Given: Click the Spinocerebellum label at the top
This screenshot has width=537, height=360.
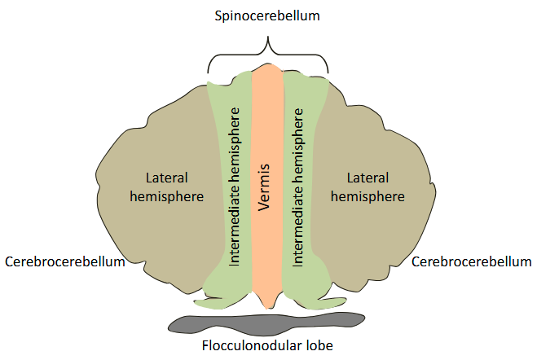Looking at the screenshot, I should [x=267, y=15].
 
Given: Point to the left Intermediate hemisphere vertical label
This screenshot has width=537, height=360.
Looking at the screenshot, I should [x=235, y=184].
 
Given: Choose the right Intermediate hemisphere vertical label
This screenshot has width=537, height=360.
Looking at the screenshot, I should [x=298, y=184].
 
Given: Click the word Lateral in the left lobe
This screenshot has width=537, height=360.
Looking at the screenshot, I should [x=166, y=177].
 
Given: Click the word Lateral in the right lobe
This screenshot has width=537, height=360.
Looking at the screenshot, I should [x=368, y=177].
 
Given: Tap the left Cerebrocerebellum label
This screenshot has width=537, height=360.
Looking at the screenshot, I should [x=64, y=261].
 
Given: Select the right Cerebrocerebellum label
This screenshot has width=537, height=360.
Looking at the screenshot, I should [x=472, y=261].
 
